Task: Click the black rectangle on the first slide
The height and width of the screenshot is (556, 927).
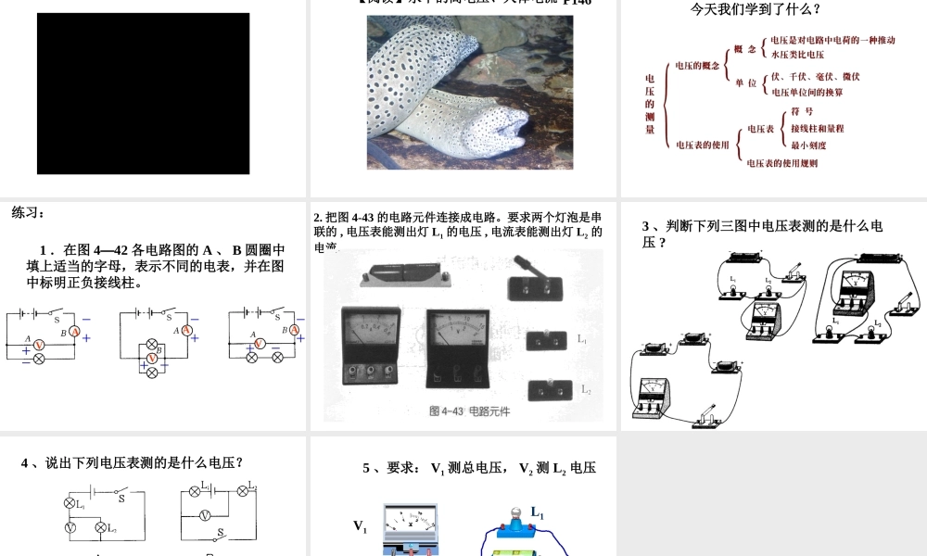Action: click(143, 94)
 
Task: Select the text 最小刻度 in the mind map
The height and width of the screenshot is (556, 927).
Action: click(808, 145)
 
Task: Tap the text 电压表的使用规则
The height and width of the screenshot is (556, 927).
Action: click(782, 163)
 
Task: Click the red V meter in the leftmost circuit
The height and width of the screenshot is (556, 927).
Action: click(39, 344)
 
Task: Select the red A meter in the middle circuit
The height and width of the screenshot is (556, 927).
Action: click(185, 330)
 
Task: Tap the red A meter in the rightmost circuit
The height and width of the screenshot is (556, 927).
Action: click(295, 330)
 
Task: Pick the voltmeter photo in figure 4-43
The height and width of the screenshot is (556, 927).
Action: click(458, 347)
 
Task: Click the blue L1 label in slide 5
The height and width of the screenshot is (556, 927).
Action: click(537, 512)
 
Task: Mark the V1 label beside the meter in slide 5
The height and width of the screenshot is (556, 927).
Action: click(361, 526)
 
